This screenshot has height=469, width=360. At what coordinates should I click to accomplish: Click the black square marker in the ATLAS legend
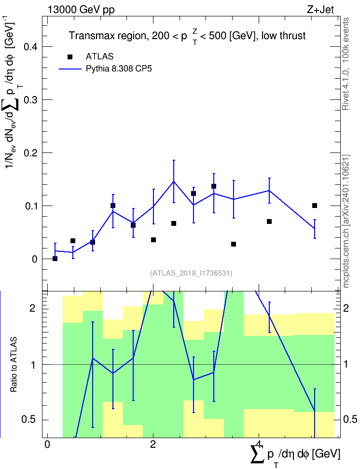tap(70, 57)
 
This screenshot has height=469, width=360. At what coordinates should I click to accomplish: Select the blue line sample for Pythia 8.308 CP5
tap(70, 69)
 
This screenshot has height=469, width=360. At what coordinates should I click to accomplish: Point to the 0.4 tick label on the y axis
tap(30, 47)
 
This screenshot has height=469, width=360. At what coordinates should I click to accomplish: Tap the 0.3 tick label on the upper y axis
tap(30, 99)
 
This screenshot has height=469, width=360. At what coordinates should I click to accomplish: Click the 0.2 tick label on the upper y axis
tap(30, 153)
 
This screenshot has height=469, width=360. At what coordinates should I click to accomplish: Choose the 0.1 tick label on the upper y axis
tap(30, 206)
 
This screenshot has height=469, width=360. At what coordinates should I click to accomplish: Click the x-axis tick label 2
tap(153, 444)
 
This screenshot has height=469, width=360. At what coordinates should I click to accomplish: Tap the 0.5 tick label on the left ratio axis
tap(29, 420)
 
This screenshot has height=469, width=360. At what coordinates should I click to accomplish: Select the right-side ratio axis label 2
tap(346, 308)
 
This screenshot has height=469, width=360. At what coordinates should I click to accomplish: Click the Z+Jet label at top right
tap(320, 10)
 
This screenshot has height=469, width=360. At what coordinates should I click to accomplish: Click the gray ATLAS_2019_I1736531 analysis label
tap(191, 273)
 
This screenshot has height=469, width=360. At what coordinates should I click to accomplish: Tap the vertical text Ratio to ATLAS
tap(14, 365)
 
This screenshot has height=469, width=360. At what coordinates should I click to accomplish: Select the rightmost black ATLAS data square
tap(315, 206)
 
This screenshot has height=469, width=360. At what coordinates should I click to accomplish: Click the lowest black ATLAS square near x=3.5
tap(234, 244)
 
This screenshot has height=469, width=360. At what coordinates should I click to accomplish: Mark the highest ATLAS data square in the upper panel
tap(214, 186)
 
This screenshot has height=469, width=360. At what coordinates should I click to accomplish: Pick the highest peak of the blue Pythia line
tap(174, 181)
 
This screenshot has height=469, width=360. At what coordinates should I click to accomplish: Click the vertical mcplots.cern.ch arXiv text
tap(346, 221)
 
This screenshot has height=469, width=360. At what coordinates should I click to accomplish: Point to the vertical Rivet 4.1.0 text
tap(346, 64)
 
